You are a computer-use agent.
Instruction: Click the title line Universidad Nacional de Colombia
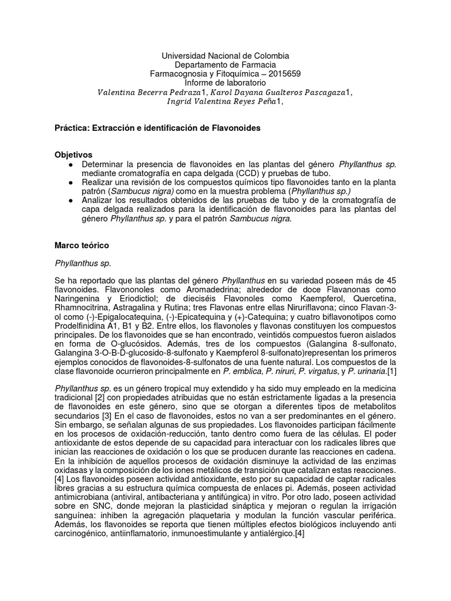click(225, 55)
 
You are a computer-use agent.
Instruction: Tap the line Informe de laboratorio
click(225, 83)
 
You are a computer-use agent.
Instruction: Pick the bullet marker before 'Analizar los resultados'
click(71, 201)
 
